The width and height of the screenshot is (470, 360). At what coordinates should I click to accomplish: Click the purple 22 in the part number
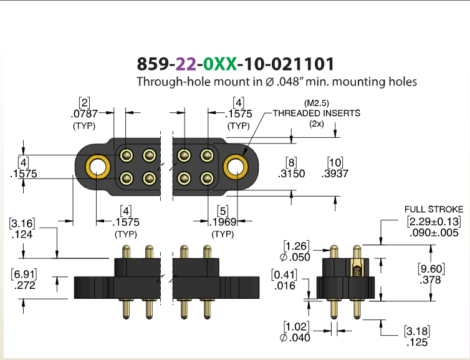(x=186, y=64)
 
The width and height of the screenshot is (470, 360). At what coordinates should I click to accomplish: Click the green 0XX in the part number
(x=219, y=64)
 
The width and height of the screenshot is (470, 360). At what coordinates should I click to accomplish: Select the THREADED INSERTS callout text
(x=317, y=113)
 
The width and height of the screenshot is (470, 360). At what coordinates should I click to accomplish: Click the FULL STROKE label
(x=434, y=209)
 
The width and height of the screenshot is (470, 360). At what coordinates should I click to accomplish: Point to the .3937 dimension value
(x=335, y=173)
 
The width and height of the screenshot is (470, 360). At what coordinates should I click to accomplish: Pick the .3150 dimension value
(x=291, y=173)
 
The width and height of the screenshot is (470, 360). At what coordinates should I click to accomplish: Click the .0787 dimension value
(x=84, y=114)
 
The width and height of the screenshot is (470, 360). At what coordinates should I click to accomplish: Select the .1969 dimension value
(x=223, y=222)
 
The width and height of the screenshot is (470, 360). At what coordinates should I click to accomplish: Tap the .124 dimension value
(x=22, y=235)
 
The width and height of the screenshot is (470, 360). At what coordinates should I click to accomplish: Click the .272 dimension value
(x=24, y=285)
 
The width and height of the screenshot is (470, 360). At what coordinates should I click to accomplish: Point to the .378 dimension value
(x=430, y=280)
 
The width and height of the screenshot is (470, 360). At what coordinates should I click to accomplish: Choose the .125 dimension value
(x=417, y=343)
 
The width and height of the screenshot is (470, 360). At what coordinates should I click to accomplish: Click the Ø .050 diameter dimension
(x=295, y=257)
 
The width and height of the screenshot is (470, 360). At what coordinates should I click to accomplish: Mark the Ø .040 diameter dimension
(x=295, y=338)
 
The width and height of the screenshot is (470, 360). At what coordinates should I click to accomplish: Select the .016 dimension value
(x=285, y=286)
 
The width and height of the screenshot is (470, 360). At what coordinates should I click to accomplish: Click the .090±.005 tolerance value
(x=434, y=233)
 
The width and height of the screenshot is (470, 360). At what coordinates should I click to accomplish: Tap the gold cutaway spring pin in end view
(x=357, y=267)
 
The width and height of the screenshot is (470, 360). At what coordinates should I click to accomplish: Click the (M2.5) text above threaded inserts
(x=317, y=103)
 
